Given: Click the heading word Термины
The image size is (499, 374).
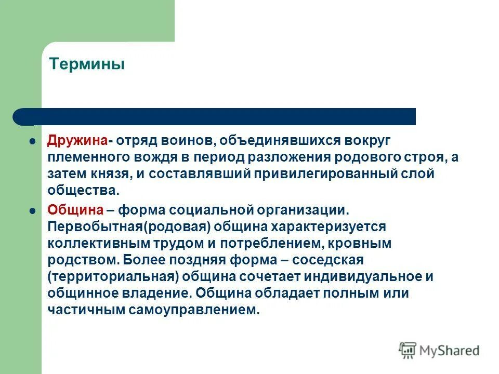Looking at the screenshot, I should tap(87, 65).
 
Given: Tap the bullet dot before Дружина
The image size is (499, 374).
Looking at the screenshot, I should tap(32, 141).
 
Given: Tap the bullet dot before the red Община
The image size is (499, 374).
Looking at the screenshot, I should tap(32, 210).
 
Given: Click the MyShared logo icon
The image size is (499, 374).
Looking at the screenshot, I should tap(408, 351).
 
